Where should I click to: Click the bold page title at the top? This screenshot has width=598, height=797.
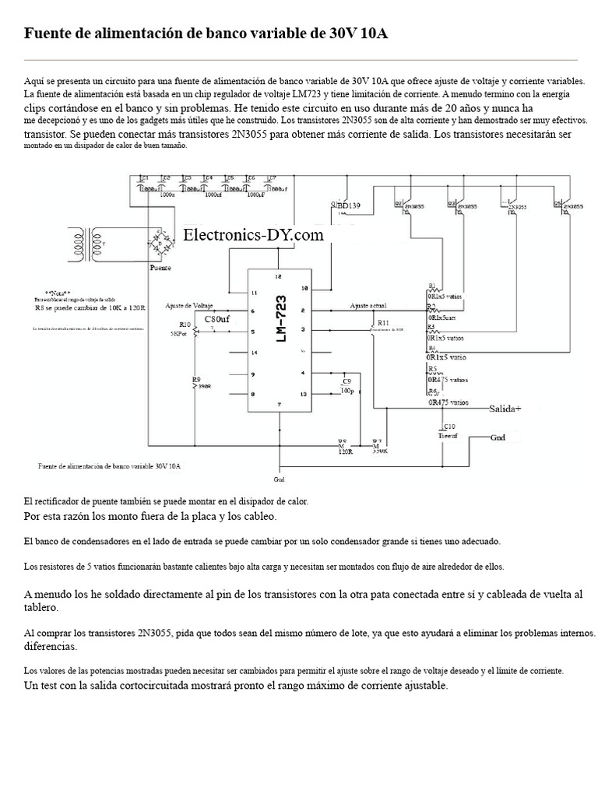click(x=206, y=33)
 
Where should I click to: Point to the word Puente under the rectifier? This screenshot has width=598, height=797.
click(x=160, y=268)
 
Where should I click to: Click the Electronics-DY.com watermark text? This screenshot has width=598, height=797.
click(x=253, y=235)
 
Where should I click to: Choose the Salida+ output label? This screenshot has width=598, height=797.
click(x=505, y=409)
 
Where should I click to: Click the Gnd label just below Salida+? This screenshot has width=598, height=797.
click(x=499, y=437)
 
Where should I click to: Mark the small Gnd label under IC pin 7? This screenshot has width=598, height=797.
click(x=280, y=479)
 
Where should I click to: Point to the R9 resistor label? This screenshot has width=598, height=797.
click(x=197, y=379)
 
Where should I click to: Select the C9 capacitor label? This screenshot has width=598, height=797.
click(x=346, y=381)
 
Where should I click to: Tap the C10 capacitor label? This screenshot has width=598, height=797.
click(x=448, y=427)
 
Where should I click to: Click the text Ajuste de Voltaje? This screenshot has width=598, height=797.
click(x=195, y=304)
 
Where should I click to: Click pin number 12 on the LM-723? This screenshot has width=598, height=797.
click(x=278, y=277)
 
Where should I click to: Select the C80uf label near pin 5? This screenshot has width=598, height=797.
click(x=217, y=319)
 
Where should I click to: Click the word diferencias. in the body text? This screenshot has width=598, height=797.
click(x=51, y=647)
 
